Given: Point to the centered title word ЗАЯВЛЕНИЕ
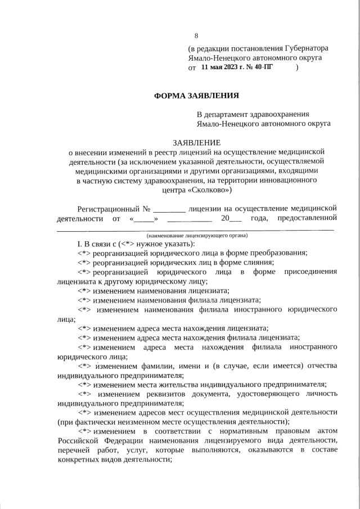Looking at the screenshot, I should pos(196,143).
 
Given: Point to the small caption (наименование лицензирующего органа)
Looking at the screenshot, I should pos(196,235).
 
